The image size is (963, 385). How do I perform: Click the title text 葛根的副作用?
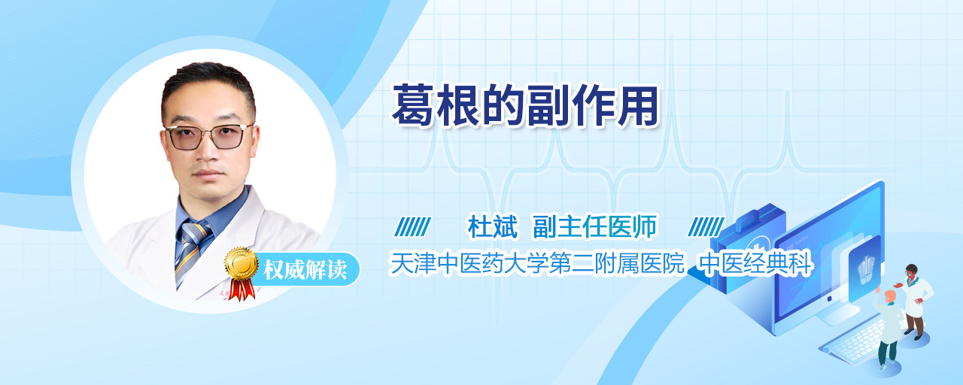coord(525,105)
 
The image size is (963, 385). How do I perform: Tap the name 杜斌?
coord(493,226)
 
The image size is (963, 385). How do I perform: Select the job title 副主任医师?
coord(594,226)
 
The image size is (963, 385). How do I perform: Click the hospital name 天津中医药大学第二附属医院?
coord(536,263)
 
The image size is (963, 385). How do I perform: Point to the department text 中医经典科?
coord(755,263)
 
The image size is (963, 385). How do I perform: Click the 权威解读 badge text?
coord(305,270)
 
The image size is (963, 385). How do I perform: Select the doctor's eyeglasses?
coord(208,136)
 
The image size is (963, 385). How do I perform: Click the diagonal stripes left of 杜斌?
coord(412,226)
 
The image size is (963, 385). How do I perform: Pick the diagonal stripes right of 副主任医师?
coord(706,226)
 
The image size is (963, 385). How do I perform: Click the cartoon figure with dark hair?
coord(916,302)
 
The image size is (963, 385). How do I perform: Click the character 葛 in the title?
coord(413,105)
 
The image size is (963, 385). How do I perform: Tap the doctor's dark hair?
coord(208,83)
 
